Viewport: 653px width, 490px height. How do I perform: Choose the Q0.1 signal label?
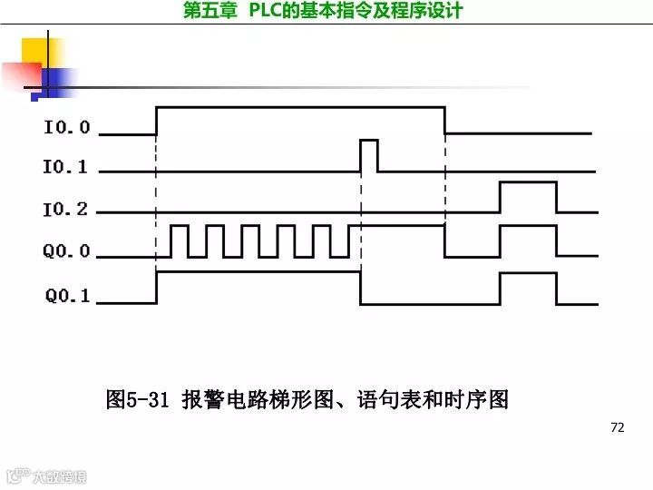point(68,296)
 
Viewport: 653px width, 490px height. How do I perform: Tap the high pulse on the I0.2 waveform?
point(528,195)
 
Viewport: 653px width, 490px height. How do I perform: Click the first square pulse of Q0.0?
point(179,240)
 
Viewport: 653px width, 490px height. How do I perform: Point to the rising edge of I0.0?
point(157,121)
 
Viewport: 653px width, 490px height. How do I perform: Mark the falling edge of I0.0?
point(444,121)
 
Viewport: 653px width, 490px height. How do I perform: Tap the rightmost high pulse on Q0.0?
point(528,240)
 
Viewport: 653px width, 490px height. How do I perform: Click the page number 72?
point(618,427)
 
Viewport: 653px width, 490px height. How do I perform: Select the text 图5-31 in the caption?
point(138,399)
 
